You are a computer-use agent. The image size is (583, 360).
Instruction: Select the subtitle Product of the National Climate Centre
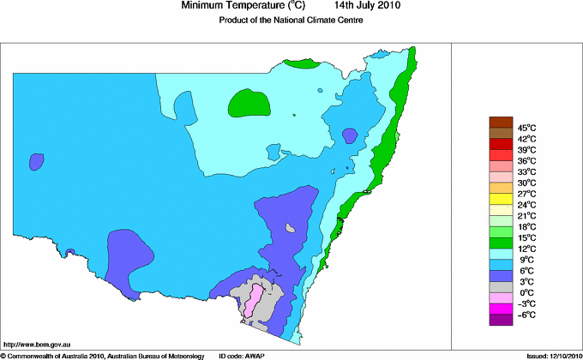click(x=291, y=21)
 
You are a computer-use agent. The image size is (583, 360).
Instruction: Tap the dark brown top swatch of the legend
click(x=501, y=122)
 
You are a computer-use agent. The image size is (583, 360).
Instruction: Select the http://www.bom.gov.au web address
click(x=36, y=342)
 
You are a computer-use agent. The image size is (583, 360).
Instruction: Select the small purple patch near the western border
click(x=35, y=161)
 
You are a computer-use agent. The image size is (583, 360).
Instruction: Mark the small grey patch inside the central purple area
click(x=291, y=229)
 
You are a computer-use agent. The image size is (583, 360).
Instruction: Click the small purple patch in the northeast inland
click(x=349, y=135)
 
